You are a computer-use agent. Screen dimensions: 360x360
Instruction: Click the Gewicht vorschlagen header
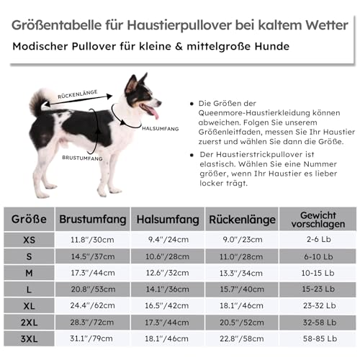tap(318, 218)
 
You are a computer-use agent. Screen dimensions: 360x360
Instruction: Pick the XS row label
tap(29, 239)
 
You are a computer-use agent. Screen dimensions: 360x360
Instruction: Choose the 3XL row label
tap(29, 338)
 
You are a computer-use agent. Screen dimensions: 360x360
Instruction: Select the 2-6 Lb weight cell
tap(318, 240)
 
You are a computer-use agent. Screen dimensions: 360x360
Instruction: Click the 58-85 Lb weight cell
tap(318, 338)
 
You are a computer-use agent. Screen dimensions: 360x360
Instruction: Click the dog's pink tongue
tap(152, 112)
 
